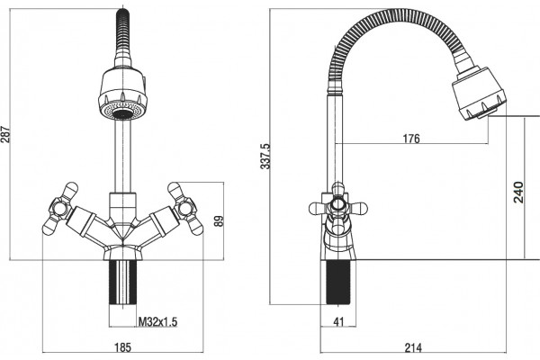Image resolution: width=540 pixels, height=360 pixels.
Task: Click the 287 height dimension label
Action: [x=6, y=134]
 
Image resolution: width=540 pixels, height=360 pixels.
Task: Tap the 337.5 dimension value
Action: [x=265, y=156]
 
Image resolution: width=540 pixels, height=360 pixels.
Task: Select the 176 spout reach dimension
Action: [x=411, y=139]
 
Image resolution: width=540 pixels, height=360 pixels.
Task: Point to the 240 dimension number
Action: [x=518, y=192]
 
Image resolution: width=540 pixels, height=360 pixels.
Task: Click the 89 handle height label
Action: [x=219, y=220]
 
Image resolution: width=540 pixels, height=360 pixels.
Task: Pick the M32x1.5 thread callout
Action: [x=157, y=322]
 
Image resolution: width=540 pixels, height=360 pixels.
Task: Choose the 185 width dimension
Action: [x=122, y=346]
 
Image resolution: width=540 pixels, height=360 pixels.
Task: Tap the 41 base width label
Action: [x=339, y=321]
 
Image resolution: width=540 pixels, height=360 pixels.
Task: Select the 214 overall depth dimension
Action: [x=413, y=347]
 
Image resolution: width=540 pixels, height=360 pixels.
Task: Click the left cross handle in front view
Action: [x=60, y=209]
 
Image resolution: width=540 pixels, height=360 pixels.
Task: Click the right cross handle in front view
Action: [x=185, y=209]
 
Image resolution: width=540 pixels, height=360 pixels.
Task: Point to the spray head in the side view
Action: [x=479, y=93]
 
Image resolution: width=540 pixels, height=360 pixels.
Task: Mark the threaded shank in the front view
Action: [x=123, y=282]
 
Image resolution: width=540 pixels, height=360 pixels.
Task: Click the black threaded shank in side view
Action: [x=338, y=282]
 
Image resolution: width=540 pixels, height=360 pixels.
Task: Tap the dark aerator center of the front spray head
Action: [x=122, y=114]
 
